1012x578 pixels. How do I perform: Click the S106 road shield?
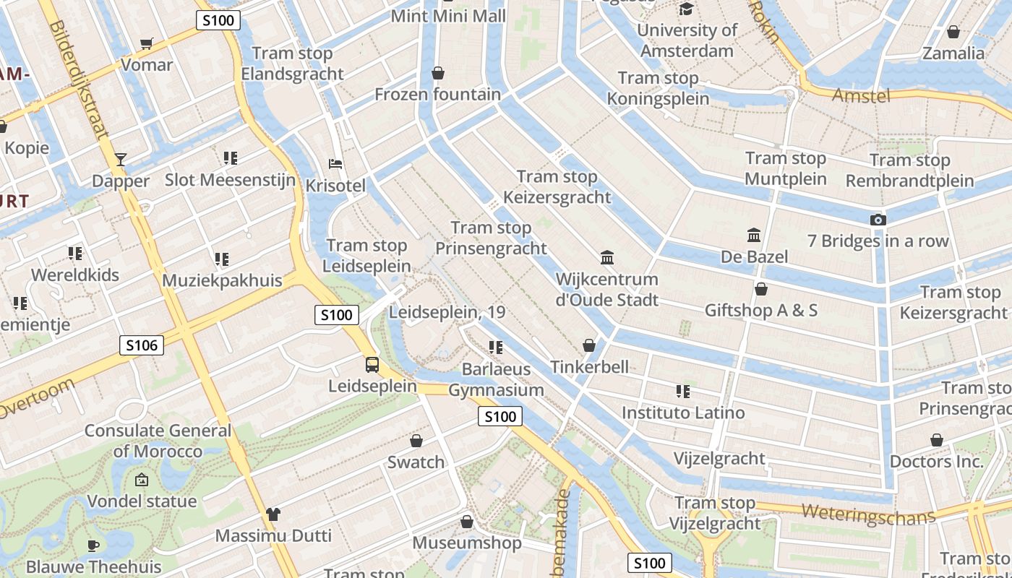[x=142, y=345]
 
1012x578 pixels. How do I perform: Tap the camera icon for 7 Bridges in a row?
[x=878, y=220]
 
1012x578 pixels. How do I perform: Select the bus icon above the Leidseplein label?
[x=372, y=364]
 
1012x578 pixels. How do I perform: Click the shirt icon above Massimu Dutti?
[x=273, y=514]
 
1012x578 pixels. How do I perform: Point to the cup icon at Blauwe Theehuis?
[x=93, y=545]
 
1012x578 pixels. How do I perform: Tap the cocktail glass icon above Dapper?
[x=121, y=159]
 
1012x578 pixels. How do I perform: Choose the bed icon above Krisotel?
[x=335, y=164]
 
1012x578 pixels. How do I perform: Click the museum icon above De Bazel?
[x=754, y=235]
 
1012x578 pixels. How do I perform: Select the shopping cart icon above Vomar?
[x=147, y=43]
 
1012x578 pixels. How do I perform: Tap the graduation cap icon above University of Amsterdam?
[x=686, y=9]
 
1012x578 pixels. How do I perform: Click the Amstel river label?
[x=860, y=95]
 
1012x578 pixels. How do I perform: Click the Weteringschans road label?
[x=868, y=514]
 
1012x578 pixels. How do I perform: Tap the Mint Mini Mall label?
[x=448, y=16]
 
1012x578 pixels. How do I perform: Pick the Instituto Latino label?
[x=683, y=413]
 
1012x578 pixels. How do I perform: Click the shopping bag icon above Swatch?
[x=416, y=441]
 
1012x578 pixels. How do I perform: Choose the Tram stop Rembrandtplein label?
[x=910, y=171]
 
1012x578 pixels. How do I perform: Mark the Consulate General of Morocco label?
[x=158, y=441]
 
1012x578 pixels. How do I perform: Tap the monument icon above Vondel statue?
[x=142, y=479]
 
